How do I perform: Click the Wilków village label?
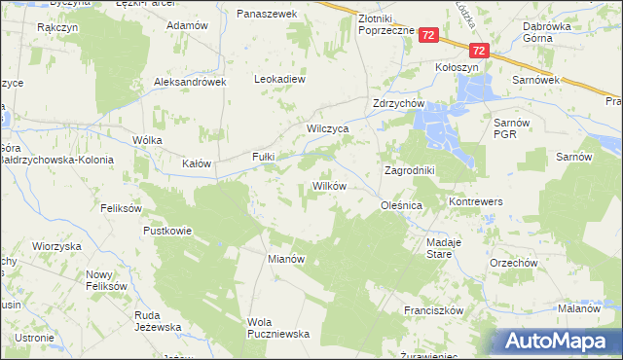coord(329,185)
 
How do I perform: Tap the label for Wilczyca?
coord(328,127)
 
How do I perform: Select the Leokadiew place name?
coord(280,79)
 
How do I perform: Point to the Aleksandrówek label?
coord(190,83)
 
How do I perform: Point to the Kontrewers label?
coord(475,201)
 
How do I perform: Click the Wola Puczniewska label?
coord(278,328)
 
